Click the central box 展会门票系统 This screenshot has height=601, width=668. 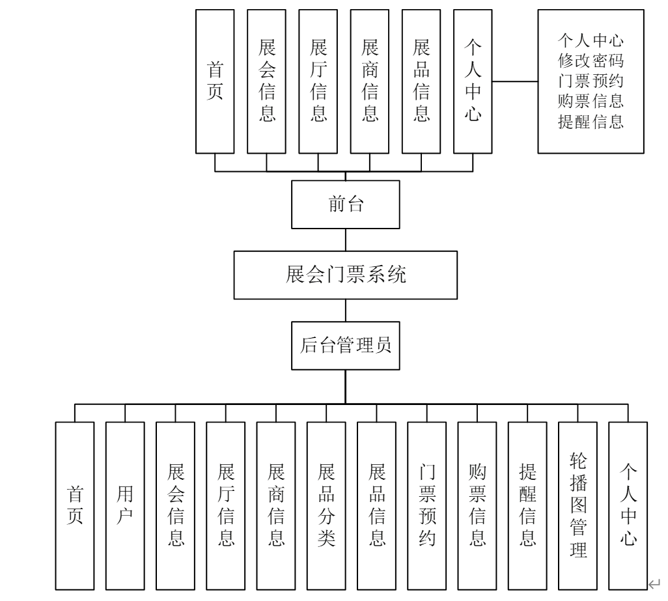pyautogui.click(x=346, y=275)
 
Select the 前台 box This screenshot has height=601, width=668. pyautogui.click(x=346, y=204)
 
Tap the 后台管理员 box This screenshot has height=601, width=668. pyautogui.click(x=346, y=346)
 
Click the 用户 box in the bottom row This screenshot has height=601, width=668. pyautogui.click(x=125, y=505)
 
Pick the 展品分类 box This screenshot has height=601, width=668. pyautogui.click(x=326, y=505)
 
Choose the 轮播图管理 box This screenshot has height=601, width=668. pyautogui.click(x=578, y=505)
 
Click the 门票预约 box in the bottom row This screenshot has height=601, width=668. pyautogui.click(x=427, y=505)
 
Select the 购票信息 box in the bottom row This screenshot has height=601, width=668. pyautogui.click(x=477, y=505)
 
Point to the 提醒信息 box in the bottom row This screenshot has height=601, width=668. pyautogui.click(x=527, y=505)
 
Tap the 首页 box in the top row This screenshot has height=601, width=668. pyautogui.click(x=215, y=81)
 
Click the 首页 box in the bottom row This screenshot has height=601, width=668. pyautogui.click(x=74, y=505)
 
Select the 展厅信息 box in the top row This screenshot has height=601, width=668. pyautogui.click(x=318, y=81)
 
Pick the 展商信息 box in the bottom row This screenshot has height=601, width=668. pyautogui.click(x=276, y=505)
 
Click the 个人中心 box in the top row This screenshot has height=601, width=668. pyautogui.click(x=473, y=81)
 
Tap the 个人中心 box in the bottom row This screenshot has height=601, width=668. pyautogui.click(x=628, y=505)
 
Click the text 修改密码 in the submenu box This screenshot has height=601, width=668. pyautogui.click(x=591, y=62)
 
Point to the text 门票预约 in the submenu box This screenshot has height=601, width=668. pyautogui.click(x=591, y=81)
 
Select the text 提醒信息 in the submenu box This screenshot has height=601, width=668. pyautogui.click(x=591, y=121)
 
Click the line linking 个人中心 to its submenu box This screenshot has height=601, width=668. pyautogui.click(x=514, y=82)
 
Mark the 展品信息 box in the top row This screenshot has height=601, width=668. pyautogui.click(x=421, y=81)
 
